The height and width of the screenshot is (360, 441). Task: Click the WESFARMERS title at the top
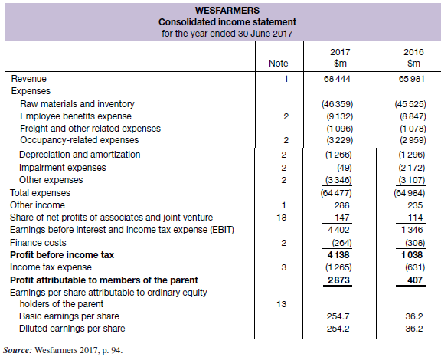click(x=227, y=11)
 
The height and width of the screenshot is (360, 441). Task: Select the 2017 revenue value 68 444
click(x=337, y=79)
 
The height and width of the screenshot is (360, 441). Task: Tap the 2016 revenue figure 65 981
click(x=411, y=79)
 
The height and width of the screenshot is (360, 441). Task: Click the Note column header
click(x=279, y=64)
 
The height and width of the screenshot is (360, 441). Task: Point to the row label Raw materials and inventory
click(x=77, y=104)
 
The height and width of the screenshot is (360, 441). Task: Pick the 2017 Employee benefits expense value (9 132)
click(x=339, y=116)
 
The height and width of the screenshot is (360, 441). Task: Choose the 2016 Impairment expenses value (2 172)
click(x=411, y=168)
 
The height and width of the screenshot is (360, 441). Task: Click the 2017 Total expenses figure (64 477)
click(x=336, y=193)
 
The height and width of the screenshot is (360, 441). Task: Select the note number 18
click(x=281, y=218)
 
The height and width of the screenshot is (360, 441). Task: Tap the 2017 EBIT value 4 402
click(x=338, y=230)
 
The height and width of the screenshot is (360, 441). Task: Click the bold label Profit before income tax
click(x=62, y=255)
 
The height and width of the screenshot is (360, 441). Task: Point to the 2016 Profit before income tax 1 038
click(x=412, y=255)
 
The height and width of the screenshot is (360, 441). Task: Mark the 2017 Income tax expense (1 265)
click(x=338, y=267)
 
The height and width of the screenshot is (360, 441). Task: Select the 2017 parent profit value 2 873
click(x=338, y=280)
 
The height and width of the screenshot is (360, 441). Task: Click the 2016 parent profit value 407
click(x=415, y=280)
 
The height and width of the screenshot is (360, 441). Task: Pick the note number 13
click(x=281, y=304)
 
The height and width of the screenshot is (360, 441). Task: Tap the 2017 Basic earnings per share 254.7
click(x=338, y=316)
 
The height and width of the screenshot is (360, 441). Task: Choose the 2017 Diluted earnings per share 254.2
click(x=338, y=329)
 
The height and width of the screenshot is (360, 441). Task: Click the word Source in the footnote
click(x=18, y=351)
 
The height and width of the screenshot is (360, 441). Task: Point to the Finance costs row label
click(x=38, y=243)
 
